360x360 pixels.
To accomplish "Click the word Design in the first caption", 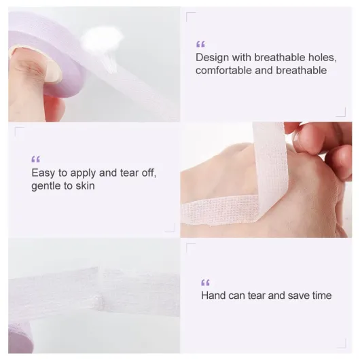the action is pyautogui.click(x=212, y=58).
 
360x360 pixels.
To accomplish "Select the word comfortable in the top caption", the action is pyautogui.click(x=223, y=70).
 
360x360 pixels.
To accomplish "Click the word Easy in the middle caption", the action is pyautogui.click(x=43, y=173).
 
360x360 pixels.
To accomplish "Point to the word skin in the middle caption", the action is pyautogui.click(x=85, y=185).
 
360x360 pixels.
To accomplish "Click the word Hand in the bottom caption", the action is pyautogui.click(x=213, y=295).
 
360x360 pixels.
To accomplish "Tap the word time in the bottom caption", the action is pyautogui.click(x=321, y=295).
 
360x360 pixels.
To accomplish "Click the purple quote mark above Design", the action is pyautogui.click(x=200, y=44).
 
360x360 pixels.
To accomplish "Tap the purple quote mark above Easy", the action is pyautogui.click(x=35, y=159).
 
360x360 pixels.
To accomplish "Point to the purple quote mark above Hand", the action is pyautogui.click(x=205, y=283).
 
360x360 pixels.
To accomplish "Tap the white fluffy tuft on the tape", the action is pyautogui.click(x=101, y=38).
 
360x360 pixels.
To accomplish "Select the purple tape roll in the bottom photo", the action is pyautogui.click(x=20, y=338).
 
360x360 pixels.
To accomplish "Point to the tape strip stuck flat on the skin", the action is pyautogui.click(x=220, y=210).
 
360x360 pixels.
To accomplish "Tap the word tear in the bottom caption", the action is pyautogui.click(x=257, y=295).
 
